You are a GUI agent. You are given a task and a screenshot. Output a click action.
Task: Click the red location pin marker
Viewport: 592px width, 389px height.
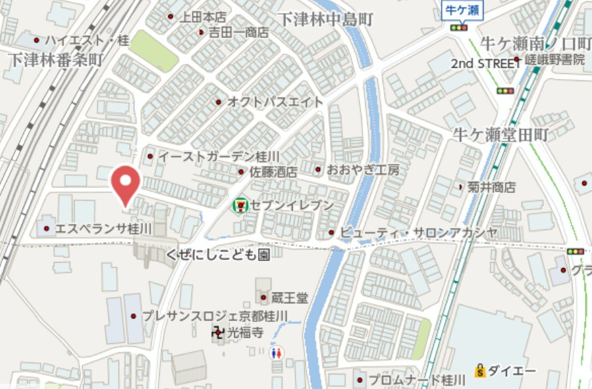(x=125, y=184)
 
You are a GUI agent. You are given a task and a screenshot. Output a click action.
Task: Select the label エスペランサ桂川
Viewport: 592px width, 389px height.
(x=103, y=229)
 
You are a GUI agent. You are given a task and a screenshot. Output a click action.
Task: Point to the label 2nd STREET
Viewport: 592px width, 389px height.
(x=486, y=64)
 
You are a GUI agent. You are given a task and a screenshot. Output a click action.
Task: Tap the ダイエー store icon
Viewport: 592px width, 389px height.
(x=478, y=370)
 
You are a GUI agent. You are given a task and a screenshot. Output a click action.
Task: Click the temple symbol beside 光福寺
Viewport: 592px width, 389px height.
(x=218, y=332)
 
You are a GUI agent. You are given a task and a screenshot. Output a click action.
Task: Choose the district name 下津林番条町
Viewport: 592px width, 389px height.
(x=56, y=59)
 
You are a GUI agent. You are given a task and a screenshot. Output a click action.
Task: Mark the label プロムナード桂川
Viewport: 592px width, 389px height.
(x=417, y=380)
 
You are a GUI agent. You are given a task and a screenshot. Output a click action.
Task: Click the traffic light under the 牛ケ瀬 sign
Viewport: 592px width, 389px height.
(x=458, y=27)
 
